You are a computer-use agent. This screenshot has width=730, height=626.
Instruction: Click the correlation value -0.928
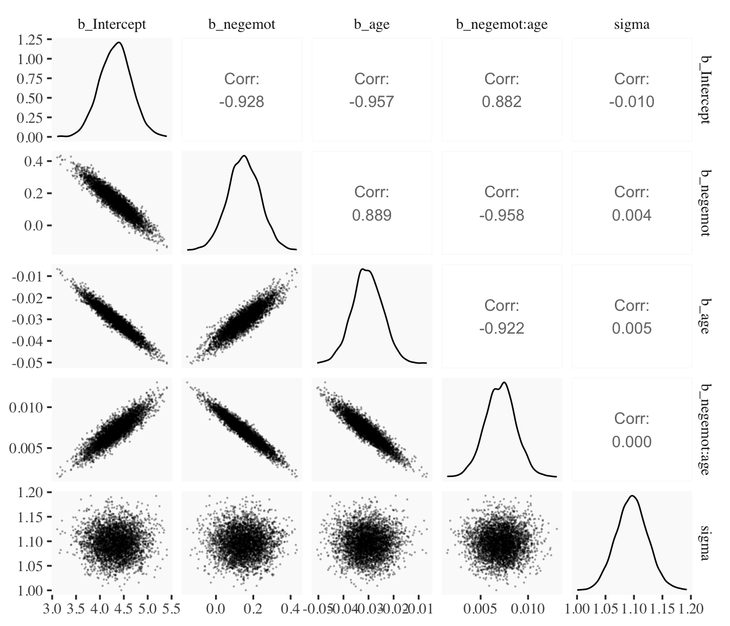242,102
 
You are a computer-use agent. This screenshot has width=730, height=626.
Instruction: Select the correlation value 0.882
501,102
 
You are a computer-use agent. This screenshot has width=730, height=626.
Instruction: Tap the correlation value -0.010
632,102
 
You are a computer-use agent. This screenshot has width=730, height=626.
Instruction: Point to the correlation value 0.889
372,216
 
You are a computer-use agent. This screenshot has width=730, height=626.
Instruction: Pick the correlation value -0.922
501,329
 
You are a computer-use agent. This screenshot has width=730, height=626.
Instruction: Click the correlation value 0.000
632,442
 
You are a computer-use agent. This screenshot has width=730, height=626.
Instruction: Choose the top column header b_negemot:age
501,24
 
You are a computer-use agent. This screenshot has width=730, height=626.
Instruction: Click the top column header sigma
632,24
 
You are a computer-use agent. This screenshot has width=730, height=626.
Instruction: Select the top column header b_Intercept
112,24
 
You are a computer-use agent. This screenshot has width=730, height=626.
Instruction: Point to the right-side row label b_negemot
704,203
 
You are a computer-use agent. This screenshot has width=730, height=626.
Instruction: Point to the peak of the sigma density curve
632,496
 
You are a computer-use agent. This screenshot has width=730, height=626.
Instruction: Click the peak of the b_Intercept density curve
119,42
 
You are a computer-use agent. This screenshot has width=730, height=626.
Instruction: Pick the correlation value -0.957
372,102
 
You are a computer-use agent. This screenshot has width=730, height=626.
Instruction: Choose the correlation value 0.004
632,216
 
